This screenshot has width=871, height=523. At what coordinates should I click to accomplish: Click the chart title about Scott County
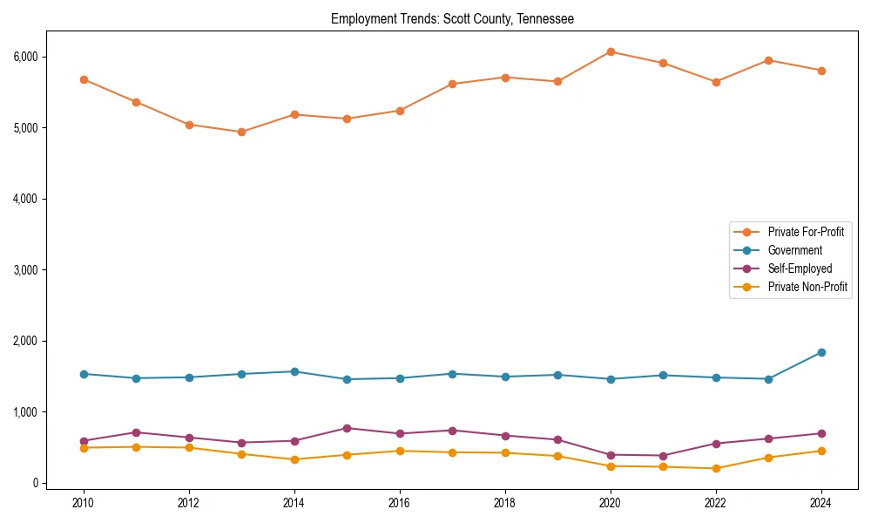pos(452,18)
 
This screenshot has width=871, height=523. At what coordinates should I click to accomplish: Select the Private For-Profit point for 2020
pos(611,52)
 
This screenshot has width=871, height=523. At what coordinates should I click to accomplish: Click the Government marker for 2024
pos(821,352)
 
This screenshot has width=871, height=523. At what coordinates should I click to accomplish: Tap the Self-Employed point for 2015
pos(347,428)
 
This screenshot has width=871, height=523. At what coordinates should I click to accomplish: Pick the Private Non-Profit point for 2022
pos(716,468)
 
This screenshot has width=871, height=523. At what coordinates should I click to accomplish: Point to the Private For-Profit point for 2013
pos(241,132)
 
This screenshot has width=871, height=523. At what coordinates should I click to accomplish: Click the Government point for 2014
pos(294,371)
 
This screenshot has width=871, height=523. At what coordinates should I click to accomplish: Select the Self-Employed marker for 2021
pos(663,456)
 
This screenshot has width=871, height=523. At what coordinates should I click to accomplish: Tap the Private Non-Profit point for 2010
pos(84,448)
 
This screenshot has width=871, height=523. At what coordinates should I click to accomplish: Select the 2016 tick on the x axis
pos(400,503)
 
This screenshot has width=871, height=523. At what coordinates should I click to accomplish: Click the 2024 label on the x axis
pos(821,503)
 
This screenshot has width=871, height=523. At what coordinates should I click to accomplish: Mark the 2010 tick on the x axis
pos(84,503)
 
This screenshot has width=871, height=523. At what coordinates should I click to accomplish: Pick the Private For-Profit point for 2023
pos(768,60)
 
